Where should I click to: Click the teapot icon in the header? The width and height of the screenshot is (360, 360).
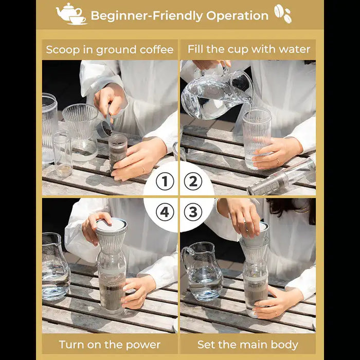71,13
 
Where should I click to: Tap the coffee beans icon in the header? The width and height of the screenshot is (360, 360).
283,13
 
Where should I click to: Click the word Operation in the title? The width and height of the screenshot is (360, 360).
237,16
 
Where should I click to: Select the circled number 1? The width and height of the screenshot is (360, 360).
165,182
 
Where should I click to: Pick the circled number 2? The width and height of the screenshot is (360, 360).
193,182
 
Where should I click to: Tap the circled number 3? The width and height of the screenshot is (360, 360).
193,212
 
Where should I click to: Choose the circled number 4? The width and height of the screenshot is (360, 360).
165,212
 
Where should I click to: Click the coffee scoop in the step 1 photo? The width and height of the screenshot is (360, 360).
105,124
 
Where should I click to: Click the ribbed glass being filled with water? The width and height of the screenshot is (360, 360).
257,138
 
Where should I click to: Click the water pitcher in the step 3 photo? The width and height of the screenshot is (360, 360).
203,272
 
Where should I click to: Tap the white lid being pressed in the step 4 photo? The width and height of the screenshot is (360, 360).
112,225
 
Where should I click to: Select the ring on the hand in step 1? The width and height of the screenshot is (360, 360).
143,170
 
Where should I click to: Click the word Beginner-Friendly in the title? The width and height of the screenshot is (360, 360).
147,16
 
